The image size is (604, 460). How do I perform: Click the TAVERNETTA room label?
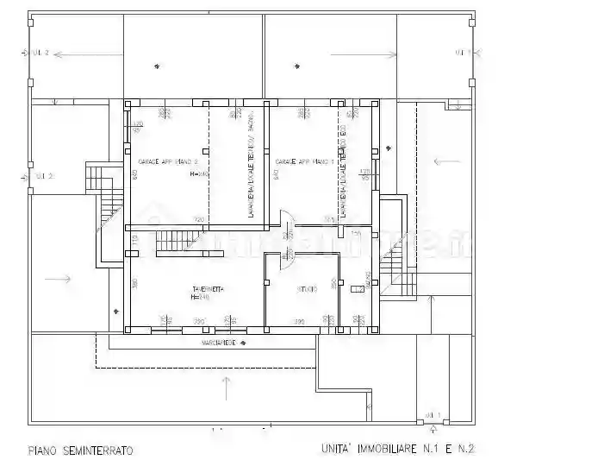pyautogui.click(x=208, y=288)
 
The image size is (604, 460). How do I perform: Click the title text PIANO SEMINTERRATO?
pyautogui.click(x=80, y=450)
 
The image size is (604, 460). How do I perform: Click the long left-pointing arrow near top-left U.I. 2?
pyautogui.click(x=82, y=54)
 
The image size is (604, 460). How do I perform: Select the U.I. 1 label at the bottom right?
pyautogui.click(x=433, y=415)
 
